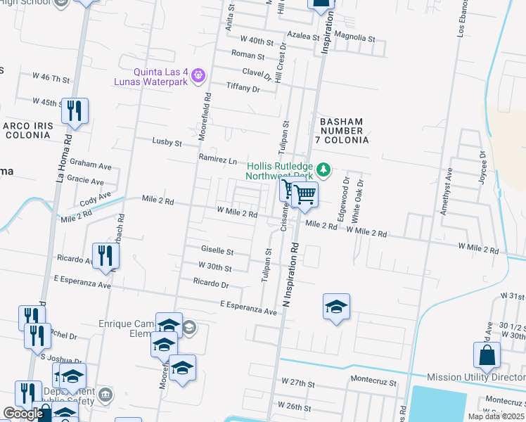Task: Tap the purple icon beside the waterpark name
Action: click(x=199, y=74)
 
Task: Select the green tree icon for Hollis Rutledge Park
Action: click(x=323, y=169)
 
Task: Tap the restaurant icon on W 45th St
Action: click(x=75, y=111)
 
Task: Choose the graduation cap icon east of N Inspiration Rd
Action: click(x=337, y=307)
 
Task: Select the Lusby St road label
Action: click(x=167, y=141)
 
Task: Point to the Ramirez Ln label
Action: click(x=217, y=159)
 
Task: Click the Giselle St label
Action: click(x=217, y=250)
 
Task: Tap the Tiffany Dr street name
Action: click(x=243, y=87)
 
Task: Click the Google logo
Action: click(x=24, y=414)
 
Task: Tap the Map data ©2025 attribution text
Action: click(x=495, y=416)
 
